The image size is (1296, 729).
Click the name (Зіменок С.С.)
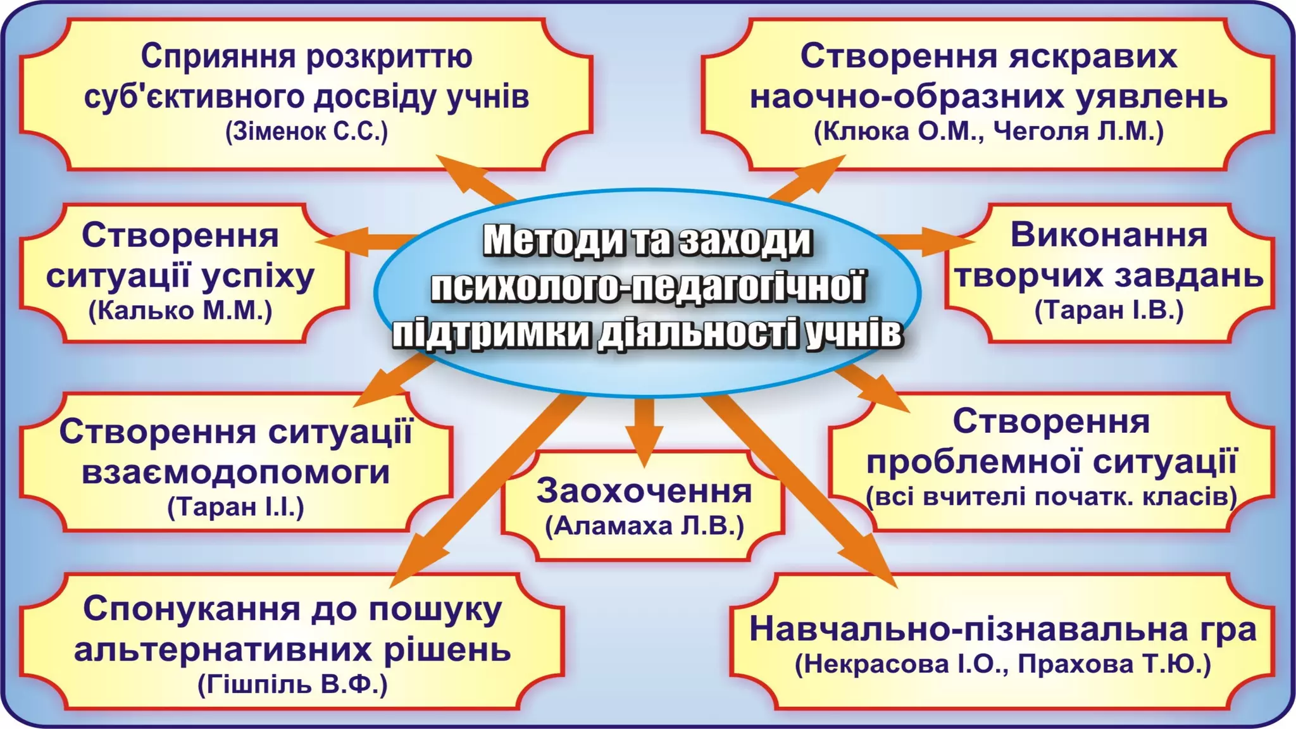click(306, 132)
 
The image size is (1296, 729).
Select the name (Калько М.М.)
click(180, 311)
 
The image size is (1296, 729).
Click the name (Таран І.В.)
click(1109, 311)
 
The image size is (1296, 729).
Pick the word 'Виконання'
click(1109, 235)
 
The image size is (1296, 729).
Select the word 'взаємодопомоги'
click(236, 473)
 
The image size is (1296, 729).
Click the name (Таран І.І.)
click(236, 507)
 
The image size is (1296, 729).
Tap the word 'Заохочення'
click(644, 492)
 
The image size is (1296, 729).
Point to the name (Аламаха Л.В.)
click(644, 526)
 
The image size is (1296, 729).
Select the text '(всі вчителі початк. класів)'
click(1051, 497)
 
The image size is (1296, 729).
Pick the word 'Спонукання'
click(192, 609)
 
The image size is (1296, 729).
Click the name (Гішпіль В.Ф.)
click(292, 685)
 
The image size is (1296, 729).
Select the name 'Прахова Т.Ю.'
click(1114, 664)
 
